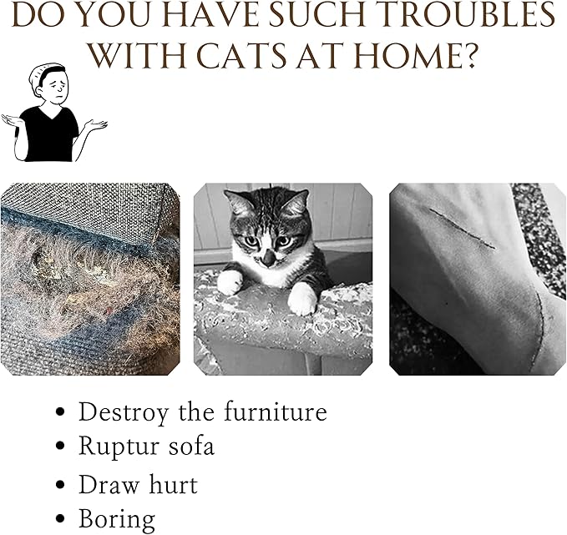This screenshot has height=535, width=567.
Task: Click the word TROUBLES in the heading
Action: tap(468, 15)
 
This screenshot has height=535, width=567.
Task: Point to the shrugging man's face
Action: tap(54, 87)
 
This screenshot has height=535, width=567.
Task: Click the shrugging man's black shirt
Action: tap(48, 134)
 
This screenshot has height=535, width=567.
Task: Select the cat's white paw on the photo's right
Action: tap(302, 299)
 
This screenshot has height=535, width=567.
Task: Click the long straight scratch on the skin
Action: tap(462, 229)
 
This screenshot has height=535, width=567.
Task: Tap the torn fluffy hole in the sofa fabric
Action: tap(73, 278)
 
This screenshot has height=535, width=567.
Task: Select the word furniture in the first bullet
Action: tap(276, 411)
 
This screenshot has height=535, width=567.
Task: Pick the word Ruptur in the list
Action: tap(119, 447)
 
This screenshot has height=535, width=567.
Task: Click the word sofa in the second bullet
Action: tap(192, 446)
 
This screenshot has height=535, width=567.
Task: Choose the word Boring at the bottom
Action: tap(117, 519)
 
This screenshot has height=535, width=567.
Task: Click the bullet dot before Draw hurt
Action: tap(61, 485)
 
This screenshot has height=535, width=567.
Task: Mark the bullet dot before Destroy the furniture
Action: tap(61, 411)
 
